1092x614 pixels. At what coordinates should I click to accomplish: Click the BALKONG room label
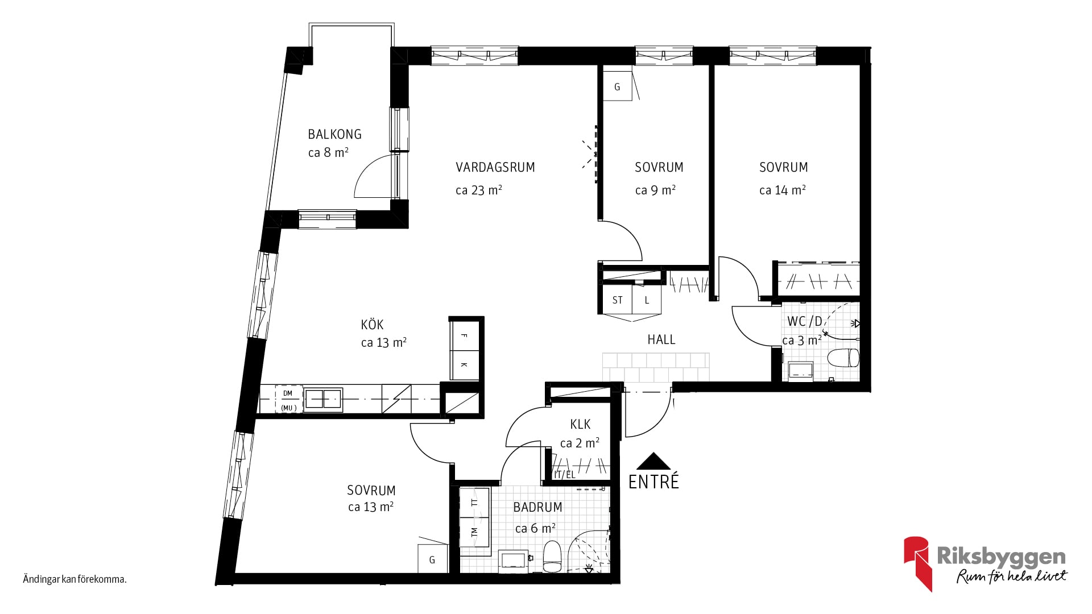pyautogui.click(x=334, y=134)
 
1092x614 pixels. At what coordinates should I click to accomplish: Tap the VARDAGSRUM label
pyautogui.click(x=495, y=167)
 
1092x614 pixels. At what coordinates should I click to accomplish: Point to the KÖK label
pyautogui.click(x=372, y=325)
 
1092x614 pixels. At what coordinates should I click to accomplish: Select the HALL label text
pyautogui.click(x=661, y=339)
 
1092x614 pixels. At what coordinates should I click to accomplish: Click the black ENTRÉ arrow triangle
pyautogui.click(x=654, y=461)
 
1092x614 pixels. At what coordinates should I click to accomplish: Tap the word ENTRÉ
pyautogui.click(x=653, y=482)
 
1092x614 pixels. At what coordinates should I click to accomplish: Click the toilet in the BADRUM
pyautogui.click(x=552, y=556)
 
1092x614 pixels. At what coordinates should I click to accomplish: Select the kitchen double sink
pyautogui.click(x=324, y=399)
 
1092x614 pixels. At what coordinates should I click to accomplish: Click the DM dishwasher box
pyautogui.click(x=288, y=399)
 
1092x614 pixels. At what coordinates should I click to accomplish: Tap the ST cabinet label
pyautogui.click(x=618, y=300)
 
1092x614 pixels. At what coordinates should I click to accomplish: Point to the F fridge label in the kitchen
pyautogui.click(x=464, y=336)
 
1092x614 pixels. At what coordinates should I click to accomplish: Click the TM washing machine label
pyautogui.click(x=474, y=533)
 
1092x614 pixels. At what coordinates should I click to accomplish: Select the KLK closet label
pyautogui.click(x=580, y=424)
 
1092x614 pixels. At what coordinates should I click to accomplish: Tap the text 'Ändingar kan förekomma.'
pyautogui.click(x=75, y=580)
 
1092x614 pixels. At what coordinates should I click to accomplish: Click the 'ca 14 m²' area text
pyautogui.click(x=783, y=190)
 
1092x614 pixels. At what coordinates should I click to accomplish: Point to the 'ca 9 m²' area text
pyautogui.click(x=655, y=190)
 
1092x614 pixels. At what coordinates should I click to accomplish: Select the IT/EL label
pyautogui.click(x=565, y=475)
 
